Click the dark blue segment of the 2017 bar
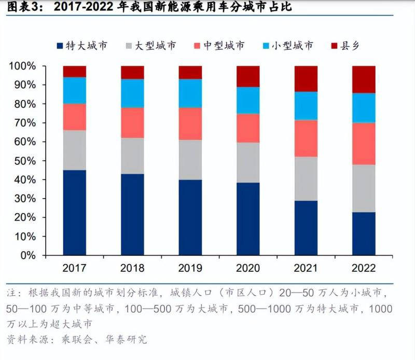point(75,212)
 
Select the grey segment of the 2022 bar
point(364,188)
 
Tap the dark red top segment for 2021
point(306,79)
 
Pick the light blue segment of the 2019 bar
point(190,93)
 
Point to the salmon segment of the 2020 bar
point(248,128)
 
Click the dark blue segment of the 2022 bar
point(364,233)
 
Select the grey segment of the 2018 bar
point(132,156)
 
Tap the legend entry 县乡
point(349,46)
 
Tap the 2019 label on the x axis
point(190,268)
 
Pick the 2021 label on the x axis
point(306,268)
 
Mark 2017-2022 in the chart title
point(89,7)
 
